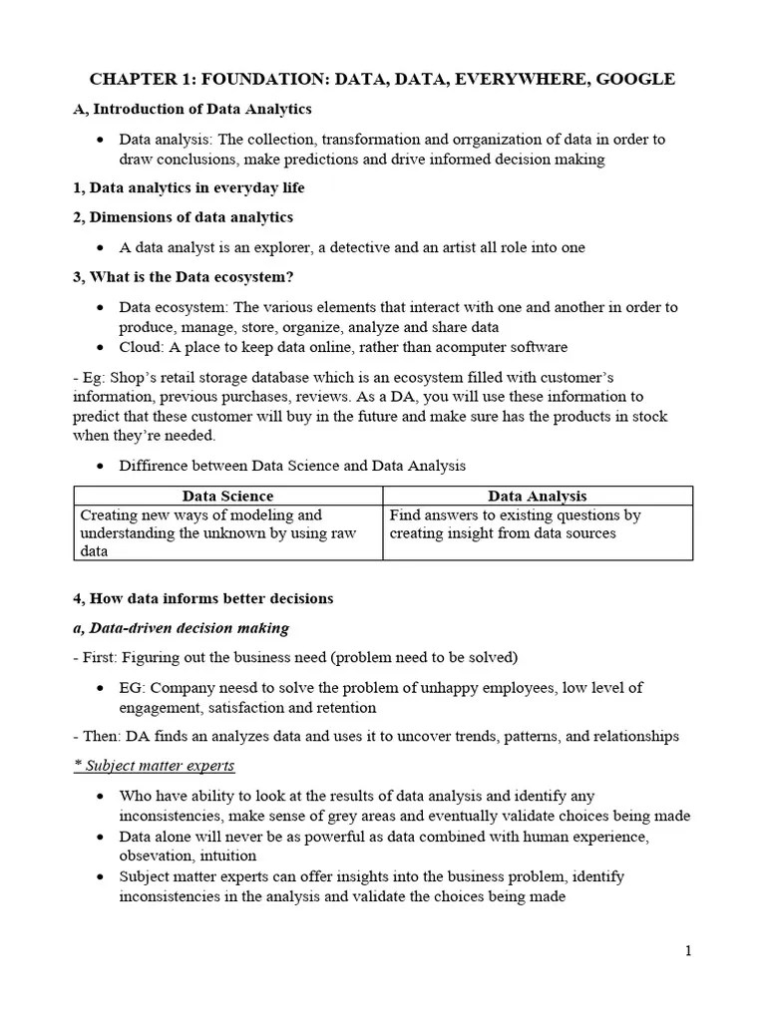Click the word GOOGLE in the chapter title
[635, 80]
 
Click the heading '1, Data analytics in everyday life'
[190, 187]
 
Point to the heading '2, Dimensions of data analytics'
[184, 217]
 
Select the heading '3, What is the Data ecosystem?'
[184, 276]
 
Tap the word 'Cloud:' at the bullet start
[142, 347]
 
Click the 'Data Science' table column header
[227, 496]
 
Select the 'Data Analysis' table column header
[538, 496]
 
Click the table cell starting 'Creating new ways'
[227, 532]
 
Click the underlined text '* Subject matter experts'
[155, 766]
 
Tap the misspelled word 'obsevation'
[158, 855]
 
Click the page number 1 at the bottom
[688, 951]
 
